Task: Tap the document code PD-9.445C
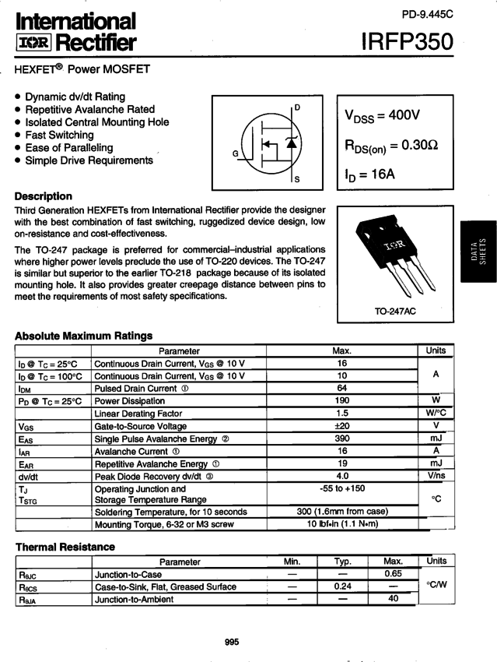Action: pyautogui.click(x=427, y=13)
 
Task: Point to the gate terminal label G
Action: pyautogui.click(x=235, y=153)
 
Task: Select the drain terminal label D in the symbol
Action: pyautogui.click(x=297, y=107)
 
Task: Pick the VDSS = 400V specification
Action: pyautogui.click(x=382, y=115)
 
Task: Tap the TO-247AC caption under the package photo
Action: pyautogui.click(x=396, y=312)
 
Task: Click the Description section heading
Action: pyautogui.click(x=44, y=196)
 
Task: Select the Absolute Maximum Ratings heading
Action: pyautogui.click(x=84, y=336)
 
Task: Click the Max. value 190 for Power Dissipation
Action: pyautogui.click(x=342, y=401)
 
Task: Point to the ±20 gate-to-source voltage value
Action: pyautogui.click(x=342, y=426)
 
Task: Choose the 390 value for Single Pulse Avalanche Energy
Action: pyautogui.click(x=342, y=438)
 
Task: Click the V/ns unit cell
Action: pyautogui.click(x=436, y=476)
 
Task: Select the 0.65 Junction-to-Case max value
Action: pyautogui.click(x=394, y=574)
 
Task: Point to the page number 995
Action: pyautogui.click(x=232, y=643)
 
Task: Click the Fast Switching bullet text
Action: pyautogui.click(x=59, y=135)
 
